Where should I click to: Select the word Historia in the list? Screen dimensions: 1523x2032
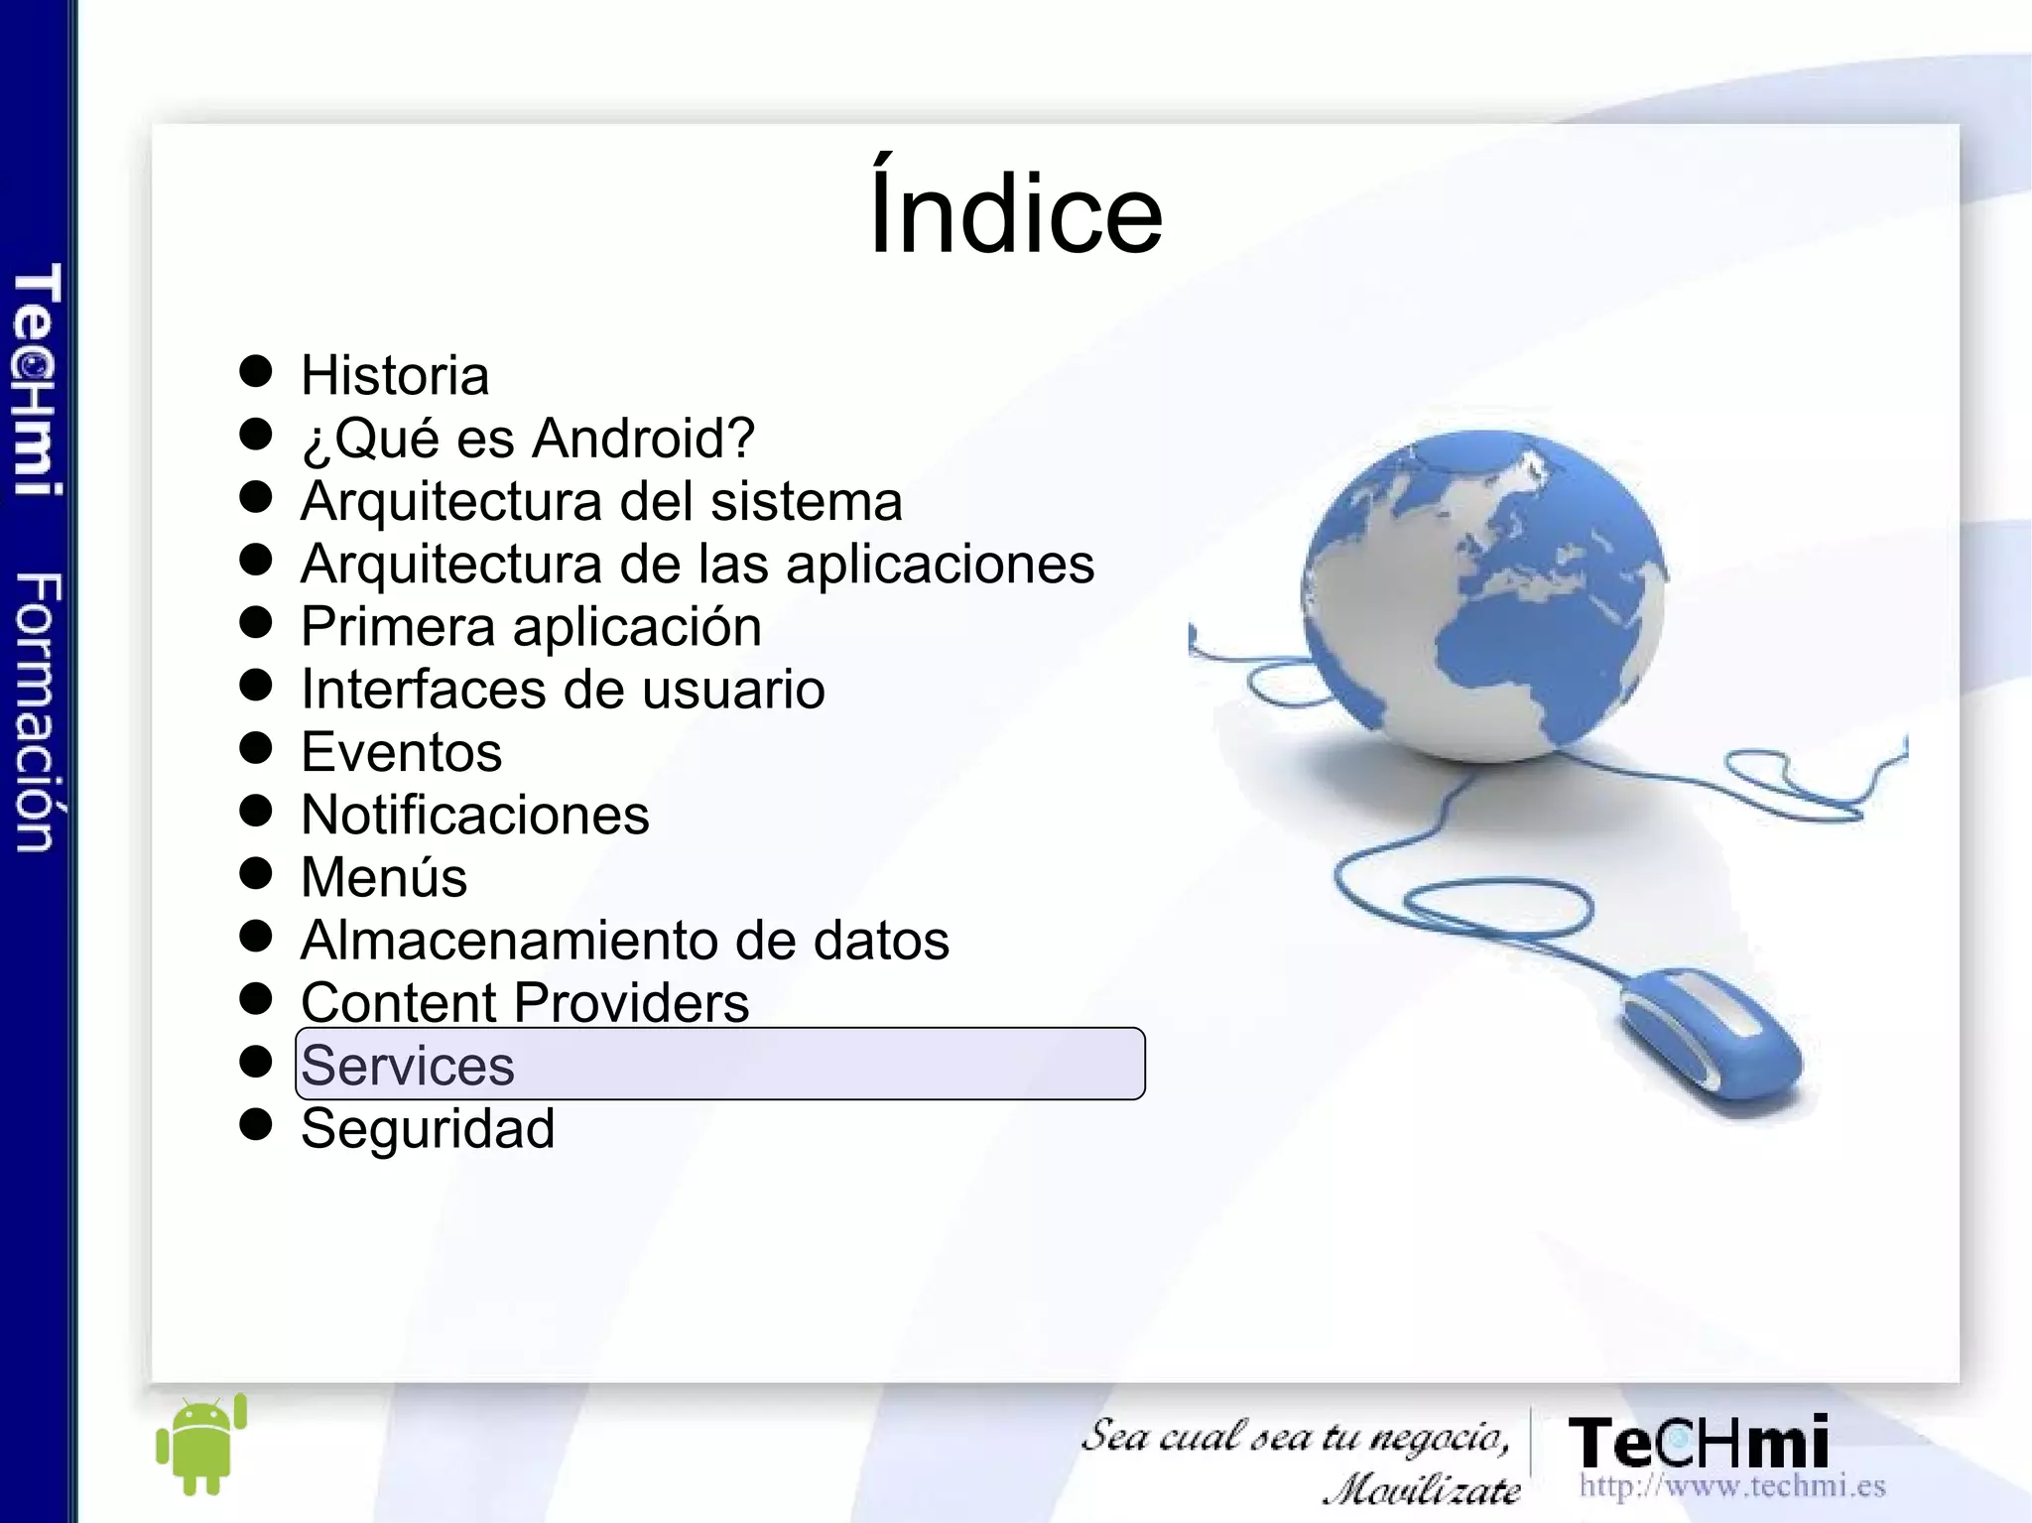point(395,376)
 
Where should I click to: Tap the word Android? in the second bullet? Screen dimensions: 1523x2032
point(644,439)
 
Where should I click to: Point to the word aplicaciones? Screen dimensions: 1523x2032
point(940,565)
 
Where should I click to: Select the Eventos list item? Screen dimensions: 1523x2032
point(401,752)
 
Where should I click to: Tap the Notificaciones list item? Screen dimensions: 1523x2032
point(475,816)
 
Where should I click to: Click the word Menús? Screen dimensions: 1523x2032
point(384,878)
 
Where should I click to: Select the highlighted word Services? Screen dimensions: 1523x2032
point(408,1066)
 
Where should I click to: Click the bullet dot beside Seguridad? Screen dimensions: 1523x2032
point(256,1125)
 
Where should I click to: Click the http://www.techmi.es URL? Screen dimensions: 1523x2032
point(1731,1486)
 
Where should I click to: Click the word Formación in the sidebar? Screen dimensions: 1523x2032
point(38,711)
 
